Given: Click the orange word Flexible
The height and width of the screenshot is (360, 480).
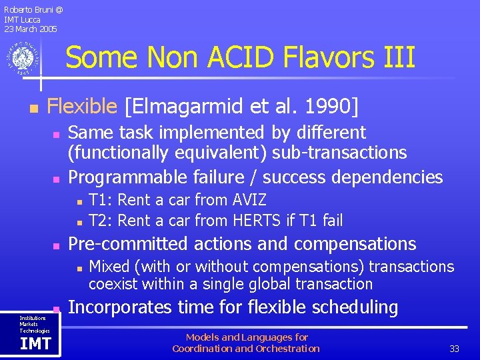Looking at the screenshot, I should (x=82, y=106).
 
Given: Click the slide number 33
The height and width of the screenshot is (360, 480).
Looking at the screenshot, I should (x=454, y=349).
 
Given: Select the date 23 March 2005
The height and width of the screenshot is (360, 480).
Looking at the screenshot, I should (x=30, y=29).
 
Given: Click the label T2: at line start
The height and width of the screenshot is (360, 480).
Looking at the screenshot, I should (x=101, y=221).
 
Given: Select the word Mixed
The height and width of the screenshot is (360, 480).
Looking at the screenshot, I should (x=109, y=267).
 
